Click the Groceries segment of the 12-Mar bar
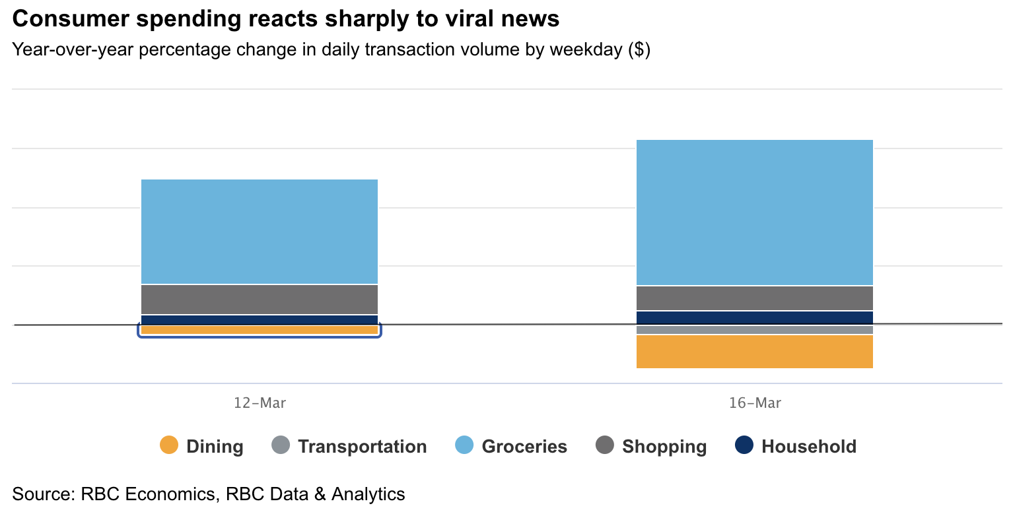click(x=260, y=232)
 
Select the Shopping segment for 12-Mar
click(x=260, y=300)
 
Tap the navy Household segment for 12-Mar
click(x=260, y=320)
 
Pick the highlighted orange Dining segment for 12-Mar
click(x=260, y=330)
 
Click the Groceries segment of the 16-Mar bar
click(x=754, y=212)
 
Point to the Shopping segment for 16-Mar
click(x=754, y=298)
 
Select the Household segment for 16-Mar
click(x=754, y=317)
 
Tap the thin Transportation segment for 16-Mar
click(x=754, y=330)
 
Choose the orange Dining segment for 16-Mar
click(x=754, y=352)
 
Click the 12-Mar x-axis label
click(x=260, y=403)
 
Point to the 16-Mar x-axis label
click(x=755, y=403)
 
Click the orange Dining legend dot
click(x=169, y=445)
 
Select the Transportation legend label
click(x=362, y=447)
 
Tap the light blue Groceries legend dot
click(x=464, y=445)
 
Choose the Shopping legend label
click(x=664, y=447)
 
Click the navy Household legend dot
click(x=744, y=445)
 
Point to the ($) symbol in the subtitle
click(x=639, y=50)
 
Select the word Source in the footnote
click(x=42, y=494)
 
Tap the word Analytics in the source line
click(x=368, y=494)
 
